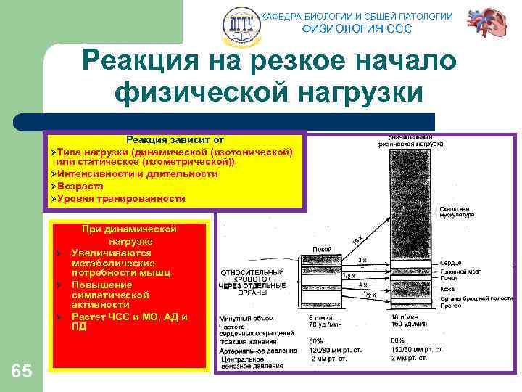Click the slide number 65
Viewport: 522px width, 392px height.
point(22,372)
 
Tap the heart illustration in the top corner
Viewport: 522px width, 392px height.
point(488,23)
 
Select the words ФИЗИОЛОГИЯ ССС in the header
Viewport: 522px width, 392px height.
point(356,29)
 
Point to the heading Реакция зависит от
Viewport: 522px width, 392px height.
point(175,139)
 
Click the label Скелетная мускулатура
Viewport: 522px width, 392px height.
point(457,212)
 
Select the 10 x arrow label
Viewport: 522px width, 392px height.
point(357,239)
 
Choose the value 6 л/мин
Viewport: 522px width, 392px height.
point(322,318)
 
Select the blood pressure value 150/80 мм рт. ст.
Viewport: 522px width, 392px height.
point(418,350)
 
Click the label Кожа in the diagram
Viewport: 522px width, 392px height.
point(447,288)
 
